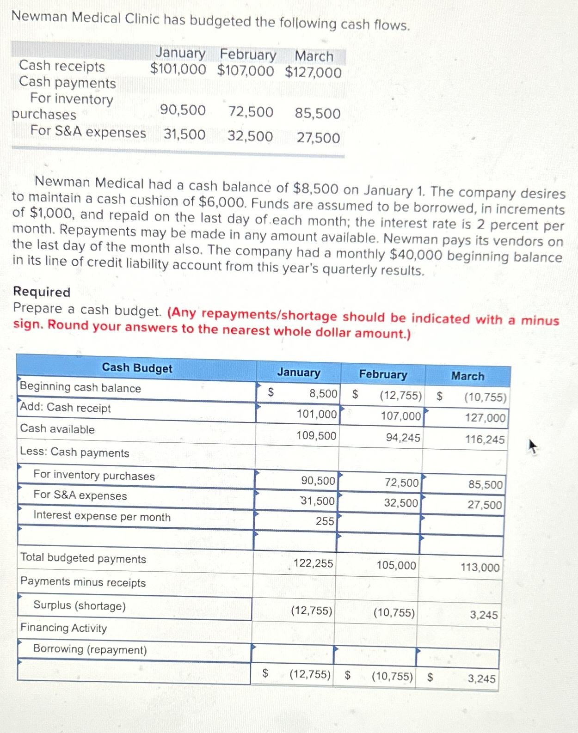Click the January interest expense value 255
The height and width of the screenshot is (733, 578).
click(325, 521)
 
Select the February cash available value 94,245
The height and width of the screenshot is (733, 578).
click(403, 438)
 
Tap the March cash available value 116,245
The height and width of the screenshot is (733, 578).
click(485, 440)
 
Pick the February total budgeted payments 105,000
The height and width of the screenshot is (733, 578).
click(396, 565)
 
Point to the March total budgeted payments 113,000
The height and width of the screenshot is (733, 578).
click(480, 568)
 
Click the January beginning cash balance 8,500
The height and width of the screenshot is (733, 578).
click(323, 394)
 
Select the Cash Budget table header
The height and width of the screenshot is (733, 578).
click(137, 368)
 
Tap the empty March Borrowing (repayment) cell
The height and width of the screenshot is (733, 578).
click(457, 659)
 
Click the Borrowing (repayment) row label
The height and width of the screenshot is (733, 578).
click(90, 649)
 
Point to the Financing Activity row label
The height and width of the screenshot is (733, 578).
click(63, 628)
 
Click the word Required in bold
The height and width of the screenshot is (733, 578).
click(42, 292)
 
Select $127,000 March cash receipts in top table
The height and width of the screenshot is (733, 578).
click(313, 73)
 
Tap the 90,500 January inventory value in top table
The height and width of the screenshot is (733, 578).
click(183, 110)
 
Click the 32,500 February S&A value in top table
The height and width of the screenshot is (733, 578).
click(250, 136)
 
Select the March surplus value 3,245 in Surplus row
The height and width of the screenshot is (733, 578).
click(484, 615)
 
